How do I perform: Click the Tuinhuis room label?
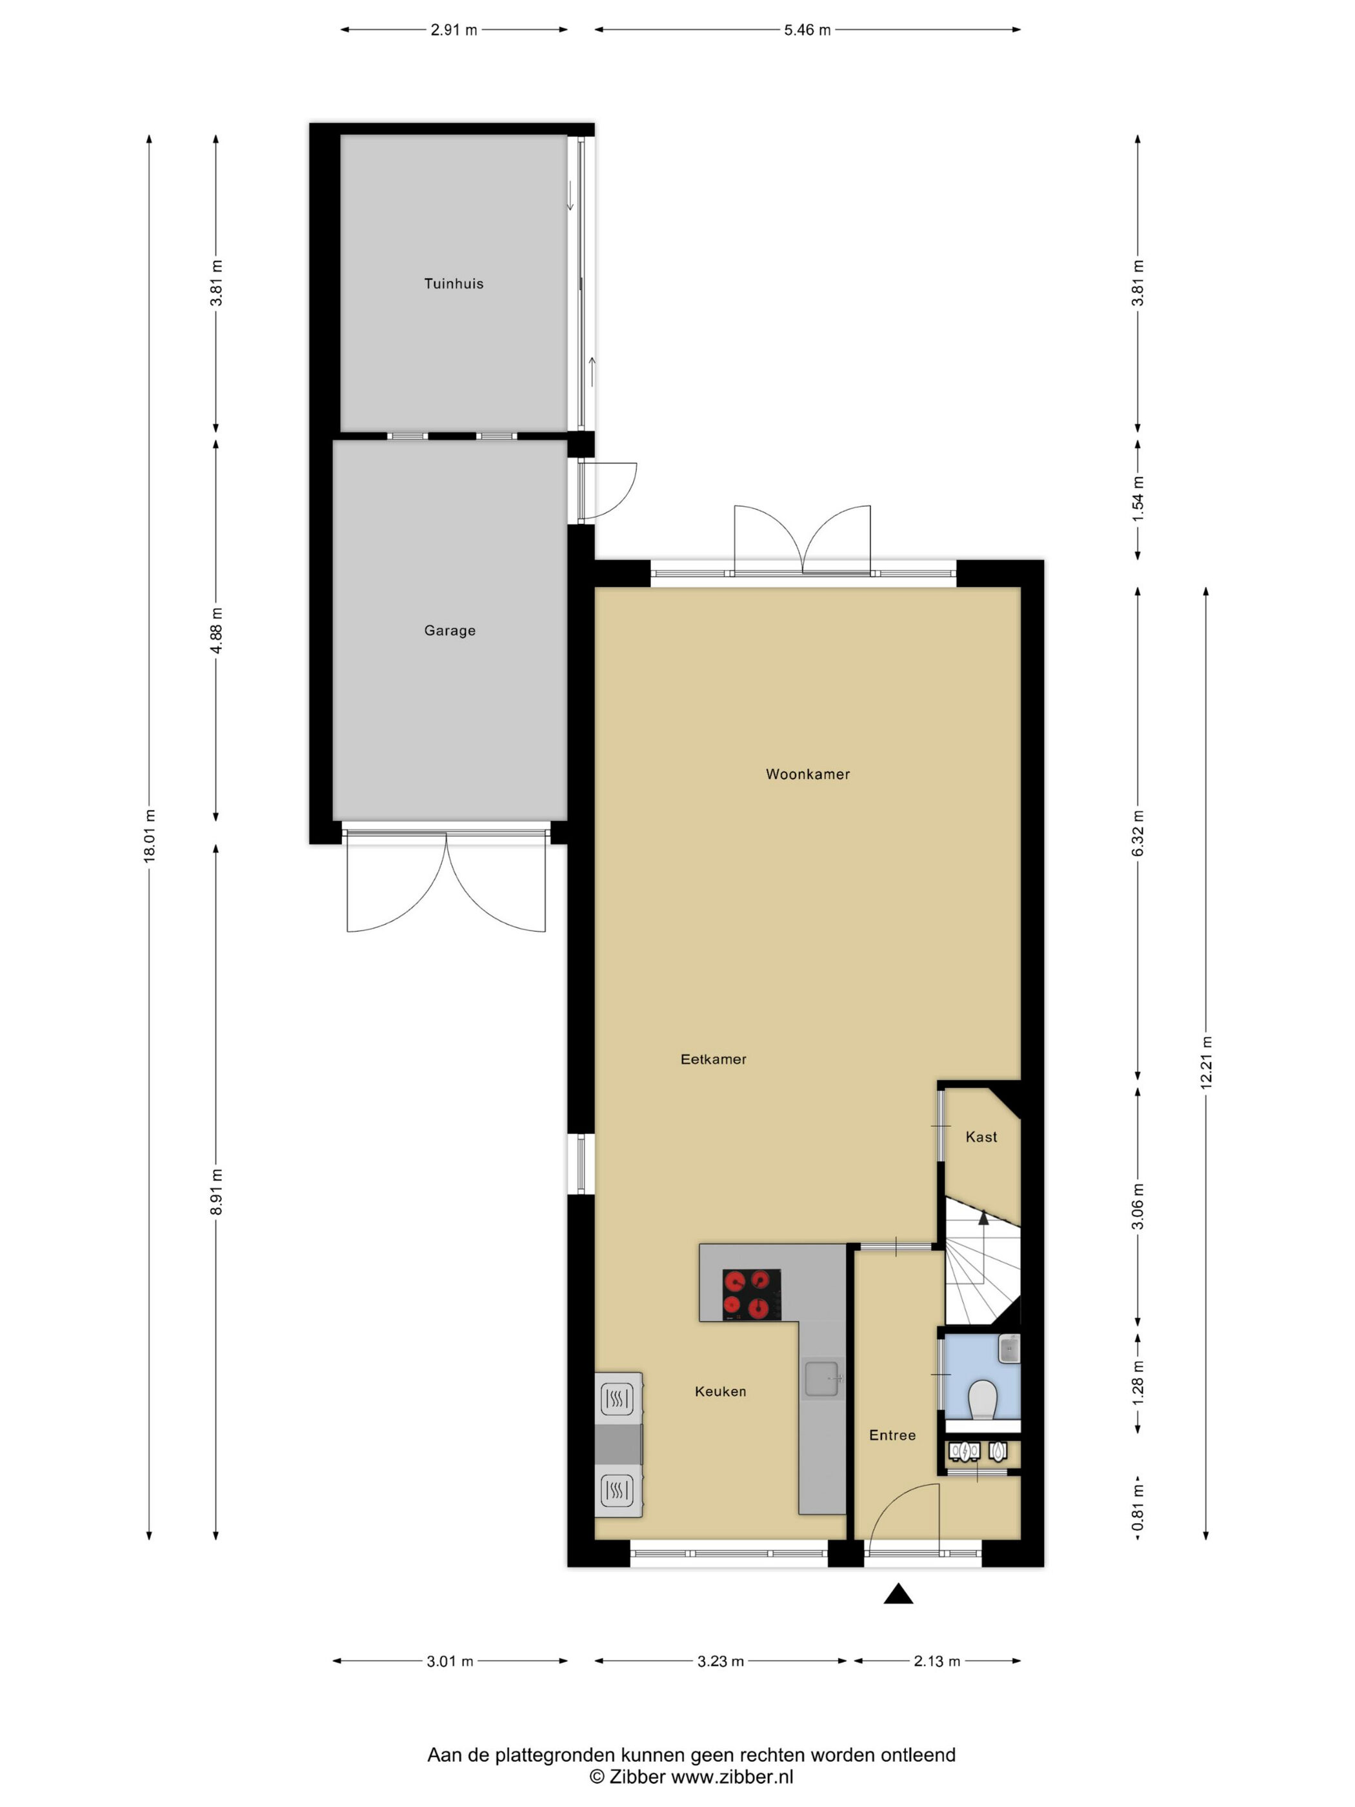[x=454, y=283]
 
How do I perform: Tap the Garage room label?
[x=449, y=630]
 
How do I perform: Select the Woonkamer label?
[x=807, y=774]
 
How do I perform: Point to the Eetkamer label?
[x=713, y=1059]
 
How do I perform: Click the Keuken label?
[x=720, y=1391]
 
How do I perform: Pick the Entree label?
[x=892, y=1435]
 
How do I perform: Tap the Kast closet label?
[x=981, y=1136]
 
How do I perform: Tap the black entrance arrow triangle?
[x=898, y=1593]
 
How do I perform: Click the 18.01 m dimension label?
[x=150, y=835]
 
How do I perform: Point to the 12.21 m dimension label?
[x=1205, y=1062]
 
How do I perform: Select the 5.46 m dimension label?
[x=807, y=30]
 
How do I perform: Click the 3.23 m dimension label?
[x=720, y=1661]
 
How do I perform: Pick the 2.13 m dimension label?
[x=937, y=1661]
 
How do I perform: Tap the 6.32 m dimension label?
[x=1138, y=833]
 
